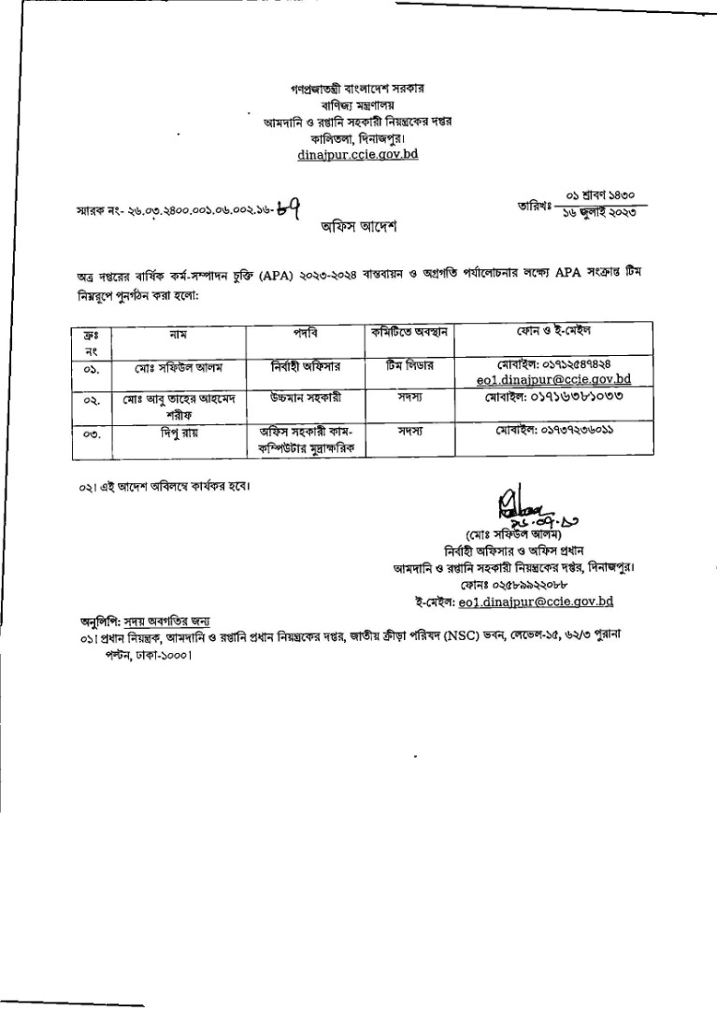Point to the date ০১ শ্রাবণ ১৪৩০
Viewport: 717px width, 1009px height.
[x=601, y=195]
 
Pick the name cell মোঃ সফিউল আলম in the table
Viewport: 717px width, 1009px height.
[x=176, y=365]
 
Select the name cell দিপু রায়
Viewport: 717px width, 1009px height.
[x=176, y=433]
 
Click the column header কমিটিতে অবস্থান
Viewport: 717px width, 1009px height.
[x=406, y=332]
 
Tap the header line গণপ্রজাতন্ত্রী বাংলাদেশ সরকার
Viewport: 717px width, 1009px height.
[x=357, y=89]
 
